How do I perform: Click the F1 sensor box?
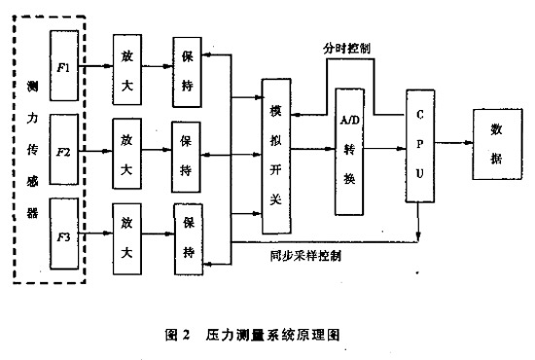pos(63,66)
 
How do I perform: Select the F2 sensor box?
pos(63,152)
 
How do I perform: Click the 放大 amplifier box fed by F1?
pos(126,67)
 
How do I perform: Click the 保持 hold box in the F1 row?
pos(186,68)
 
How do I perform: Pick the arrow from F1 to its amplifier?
pos(95,67)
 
